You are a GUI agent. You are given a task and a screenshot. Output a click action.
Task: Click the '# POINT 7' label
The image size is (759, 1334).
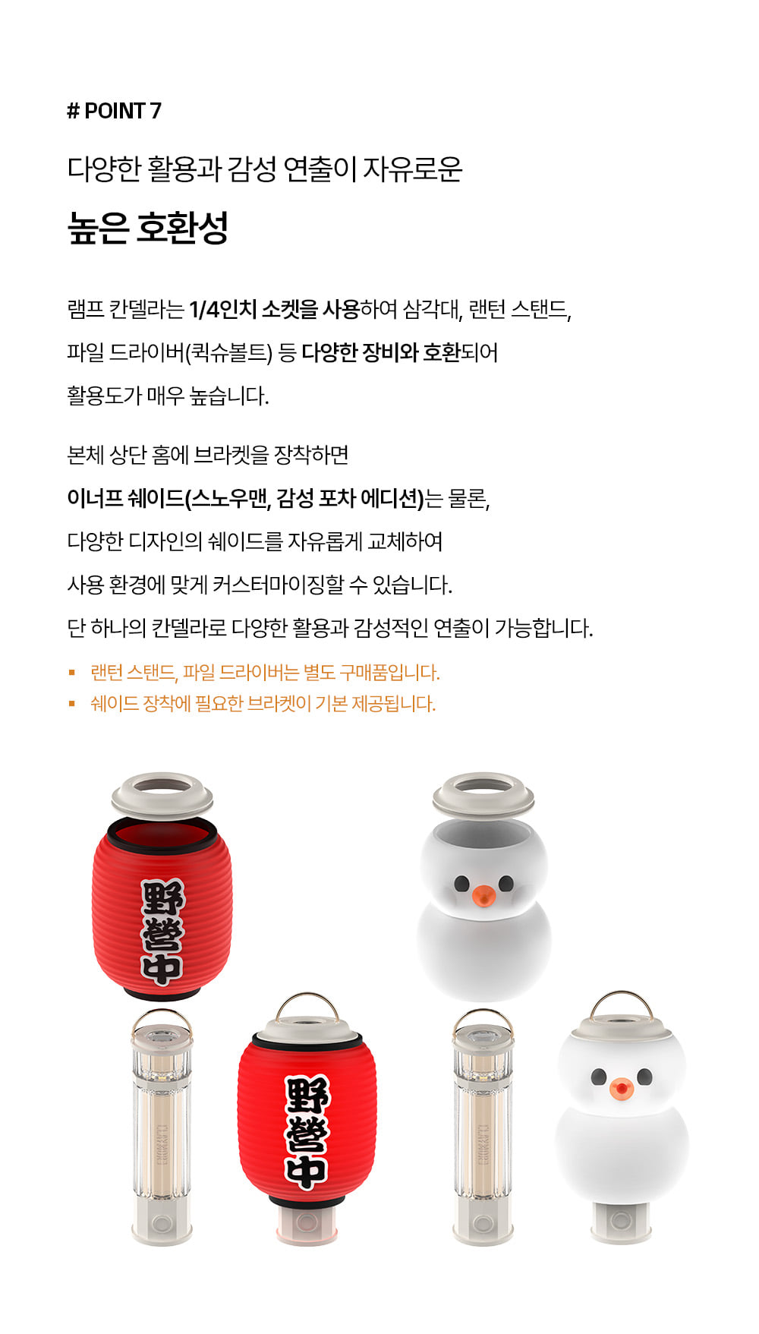click(114, 111)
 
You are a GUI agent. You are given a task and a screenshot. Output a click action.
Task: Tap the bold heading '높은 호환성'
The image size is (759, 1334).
click(148, 228)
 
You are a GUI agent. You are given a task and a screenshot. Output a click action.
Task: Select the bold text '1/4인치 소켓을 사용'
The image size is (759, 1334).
click(274, 310)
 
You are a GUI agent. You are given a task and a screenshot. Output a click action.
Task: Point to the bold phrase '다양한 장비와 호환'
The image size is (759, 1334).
click(381, 353)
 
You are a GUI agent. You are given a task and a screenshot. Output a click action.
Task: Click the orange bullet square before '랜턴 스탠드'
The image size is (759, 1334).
click(72, 672)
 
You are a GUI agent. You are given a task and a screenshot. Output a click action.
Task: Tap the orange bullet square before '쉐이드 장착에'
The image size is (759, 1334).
click(72, 704)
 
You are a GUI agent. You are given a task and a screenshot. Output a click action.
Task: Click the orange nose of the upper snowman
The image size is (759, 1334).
click(483, 896)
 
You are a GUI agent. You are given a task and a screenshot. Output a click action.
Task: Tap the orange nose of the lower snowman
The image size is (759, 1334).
click(621, 1089)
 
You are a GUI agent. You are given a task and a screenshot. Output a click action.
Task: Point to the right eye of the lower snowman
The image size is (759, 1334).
click(644, 1077)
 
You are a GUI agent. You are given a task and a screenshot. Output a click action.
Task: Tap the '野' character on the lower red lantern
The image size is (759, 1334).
click(307, 1096)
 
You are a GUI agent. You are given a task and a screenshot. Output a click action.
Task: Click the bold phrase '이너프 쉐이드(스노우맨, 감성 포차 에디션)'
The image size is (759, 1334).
click(245, 499)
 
